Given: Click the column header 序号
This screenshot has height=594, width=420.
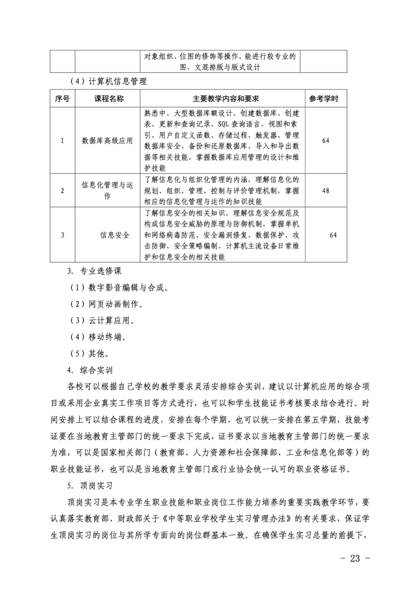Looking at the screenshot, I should (x=62, y=98).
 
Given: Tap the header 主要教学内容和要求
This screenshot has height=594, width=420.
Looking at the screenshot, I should (x=222, y=98).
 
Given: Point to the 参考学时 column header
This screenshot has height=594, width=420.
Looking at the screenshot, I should (x=326, y=98).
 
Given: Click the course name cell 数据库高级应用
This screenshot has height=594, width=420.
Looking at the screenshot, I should (x=107, y=141).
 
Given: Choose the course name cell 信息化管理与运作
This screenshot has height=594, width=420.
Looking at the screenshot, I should (x=107, y=190).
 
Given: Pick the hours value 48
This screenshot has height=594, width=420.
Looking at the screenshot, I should (x=326, y=190).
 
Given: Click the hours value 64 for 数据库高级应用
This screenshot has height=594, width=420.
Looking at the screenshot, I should (x=326, y=141).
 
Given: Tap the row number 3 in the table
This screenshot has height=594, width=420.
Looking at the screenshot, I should (x=62, y=235).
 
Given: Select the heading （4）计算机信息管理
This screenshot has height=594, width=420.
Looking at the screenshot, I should (x=108, y=81).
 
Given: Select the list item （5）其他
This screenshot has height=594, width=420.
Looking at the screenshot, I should (x=89, y=353).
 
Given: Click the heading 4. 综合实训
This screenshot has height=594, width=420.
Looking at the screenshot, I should (x=90, y=370).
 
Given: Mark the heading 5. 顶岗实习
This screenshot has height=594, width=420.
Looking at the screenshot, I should (x=90, y=486).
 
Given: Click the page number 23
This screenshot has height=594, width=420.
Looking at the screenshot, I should (x=355, y=558).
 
